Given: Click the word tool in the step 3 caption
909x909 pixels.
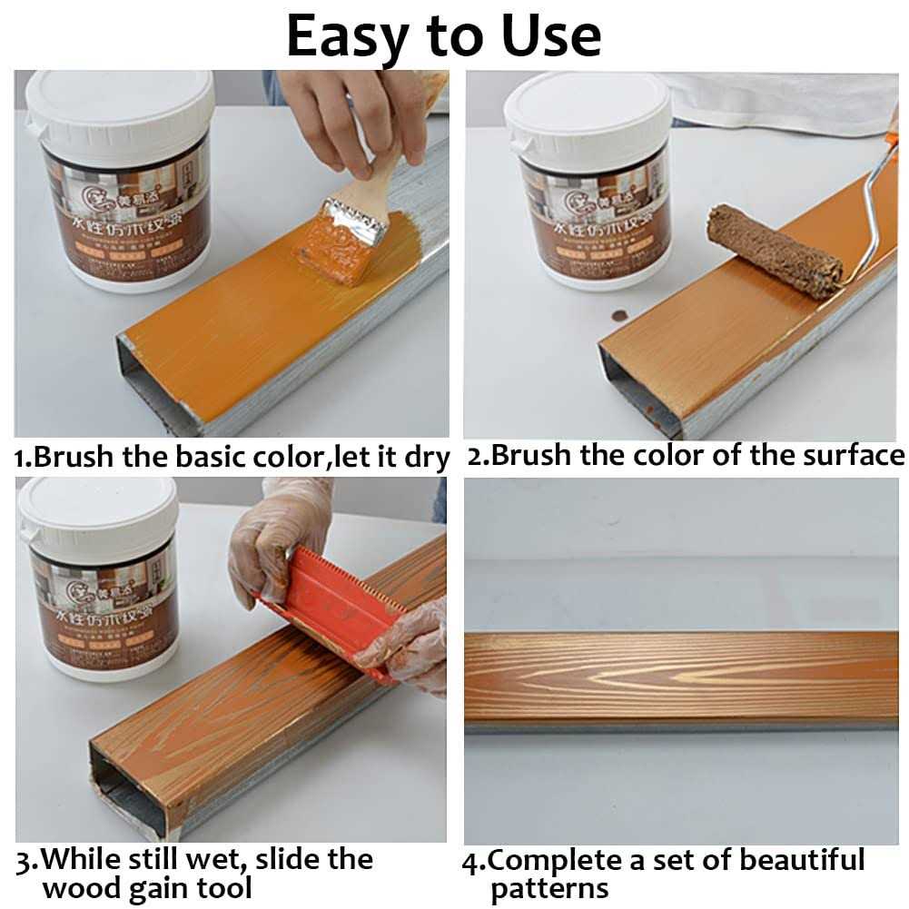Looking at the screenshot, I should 223,887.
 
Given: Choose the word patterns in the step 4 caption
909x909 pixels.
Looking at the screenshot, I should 549,888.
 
